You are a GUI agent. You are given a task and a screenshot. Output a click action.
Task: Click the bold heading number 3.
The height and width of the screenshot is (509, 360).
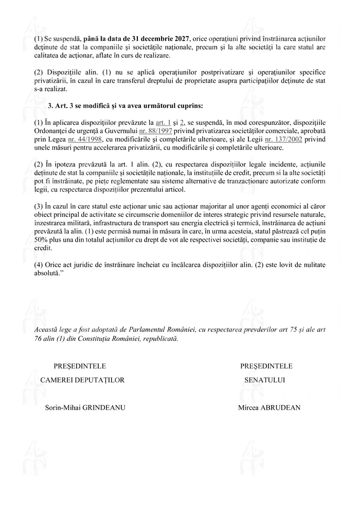(50, 106)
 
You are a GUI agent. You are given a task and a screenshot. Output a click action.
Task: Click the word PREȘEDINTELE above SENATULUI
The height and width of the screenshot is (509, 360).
(266, 366)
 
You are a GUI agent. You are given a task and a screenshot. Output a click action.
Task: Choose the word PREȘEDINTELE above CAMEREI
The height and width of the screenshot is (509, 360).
(80, 366)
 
